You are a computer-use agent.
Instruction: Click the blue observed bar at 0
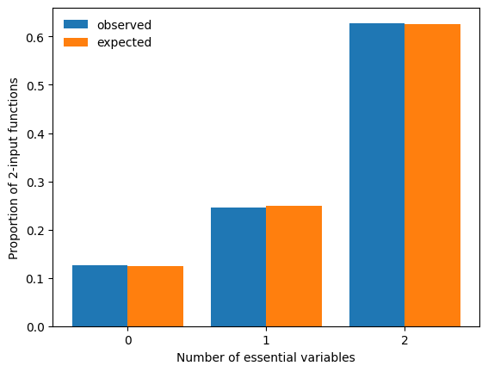click(x=100, y=295)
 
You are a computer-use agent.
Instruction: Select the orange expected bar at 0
click(x=155, y=296)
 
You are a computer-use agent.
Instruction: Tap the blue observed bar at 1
click(x=238, y=267)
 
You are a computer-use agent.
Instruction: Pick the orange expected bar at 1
click(x=293, y=266)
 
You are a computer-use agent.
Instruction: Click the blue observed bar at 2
click(x=377, y=175)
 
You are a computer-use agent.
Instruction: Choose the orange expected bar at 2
click(x=432, y=176)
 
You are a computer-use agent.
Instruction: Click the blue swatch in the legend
click(x=76, y=24)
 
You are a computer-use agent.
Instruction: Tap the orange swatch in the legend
click(x=76, y=42)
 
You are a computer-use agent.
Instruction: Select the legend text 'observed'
click(x=124, y=25)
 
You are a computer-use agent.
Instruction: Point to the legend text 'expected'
click(x=124, y=43)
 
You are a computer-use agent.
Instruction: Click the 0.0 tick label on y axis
click(x=35, y=327)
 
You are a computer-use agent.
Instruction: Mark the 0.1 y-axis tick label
click(x=35, y=279)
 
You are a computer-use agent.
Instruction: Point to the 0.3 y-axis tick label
click(x=35, y=183)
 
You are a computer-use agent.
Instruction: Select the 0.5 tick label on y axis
click(x=35, y=86)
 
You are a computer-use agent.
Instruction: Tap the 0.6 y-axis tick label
click(x=35, y=38)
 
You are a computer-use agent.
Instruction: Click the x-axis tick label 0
click(x=128, y=340)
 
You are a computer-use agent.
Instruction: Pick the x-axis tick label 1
click(x=266, y=340)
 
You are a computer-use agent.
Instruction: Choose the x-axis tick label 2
click(x=405, y=340)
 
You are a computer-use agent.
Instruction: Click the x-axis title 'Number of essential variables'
click(x=266, y=357)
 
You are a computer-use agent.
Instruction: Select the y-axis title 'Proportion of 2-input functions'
click(x=14, y=169)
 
